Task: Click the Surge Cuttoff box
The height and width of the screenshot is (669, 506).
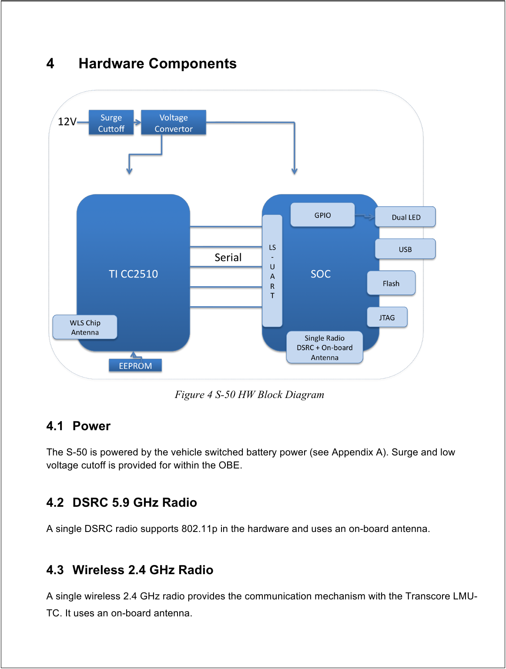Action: point(111,123)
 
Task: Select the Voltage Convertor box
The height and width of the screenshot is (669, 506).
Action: point(173,123)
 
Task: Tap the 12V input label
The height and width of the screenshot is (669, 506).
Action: point(67,122)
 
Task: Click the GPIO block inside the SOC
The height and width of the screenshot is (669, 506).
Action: point(322,215)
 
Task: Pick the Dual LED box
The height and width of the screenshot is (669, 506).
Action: point(405,217)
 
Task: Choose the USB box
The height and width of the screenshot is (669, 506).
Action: point(405,249)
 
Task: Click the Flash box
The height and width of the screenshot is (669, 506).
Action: point(391,283)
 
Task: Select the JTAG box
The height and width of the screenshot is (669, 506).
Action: point(387,318)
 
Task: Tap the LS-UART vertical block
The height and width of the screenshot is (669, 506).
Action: point(272,271)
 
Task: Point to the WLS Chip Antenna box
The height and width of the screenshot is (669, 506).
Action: point(85,327)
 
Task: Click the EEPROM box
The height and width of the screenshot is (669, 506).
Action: point(135,366)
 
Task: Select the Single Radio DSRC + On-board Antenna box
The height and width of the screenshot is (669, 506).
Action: point(325,348)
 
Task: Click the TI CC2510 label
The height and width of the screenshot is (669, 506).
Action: point(133,274)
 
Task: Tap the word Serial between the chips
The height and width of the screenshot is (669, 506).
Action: point(228,257)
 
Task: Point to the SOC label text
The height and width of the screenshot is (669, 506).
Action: point(321,274)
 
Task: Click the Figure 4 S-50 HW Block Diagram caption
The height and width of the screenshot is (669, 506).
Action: point(249,395)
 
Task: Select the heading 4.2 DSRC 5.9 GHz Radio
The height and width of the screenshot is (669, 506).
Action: point(121,502)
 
